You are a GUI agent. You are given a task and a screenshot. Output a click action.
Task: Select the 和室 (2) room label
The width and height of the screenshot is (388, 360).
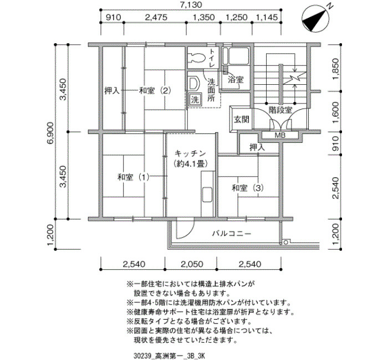point(155,91)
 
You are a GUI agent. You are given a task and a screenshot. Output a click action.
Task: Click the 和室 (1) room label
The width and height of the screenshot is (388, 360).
point(133,177)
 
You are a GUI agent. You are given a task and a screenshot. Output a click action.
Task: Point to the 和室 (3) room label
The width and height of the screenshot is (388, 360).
point(247,188)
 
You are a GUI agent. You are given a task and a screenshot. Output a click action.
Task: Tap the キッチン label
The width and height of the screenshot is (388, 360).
point(190,153)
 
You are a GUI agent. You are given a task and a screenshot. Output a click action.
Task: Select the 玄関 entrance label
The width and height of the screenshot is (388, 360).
point(241,120)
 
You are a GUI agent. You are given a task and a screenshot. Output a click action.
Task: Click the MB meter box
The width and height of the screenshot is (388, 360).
point(280,135)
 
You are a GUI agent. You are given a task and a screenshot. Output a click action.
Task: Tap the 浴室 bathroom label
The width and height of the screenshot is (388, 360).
point(236,80)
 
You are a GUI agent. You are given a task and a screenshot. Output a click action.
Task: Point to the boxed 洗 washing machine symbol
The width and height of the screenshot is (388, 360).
point(195,100)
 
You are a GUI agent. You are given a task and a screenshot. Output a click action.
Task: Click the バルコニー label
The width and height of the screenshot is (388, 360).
point(232,233)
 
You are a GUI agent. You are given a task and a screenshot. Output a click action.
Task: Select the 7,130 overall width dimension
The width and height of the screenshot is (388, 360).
point(191,4)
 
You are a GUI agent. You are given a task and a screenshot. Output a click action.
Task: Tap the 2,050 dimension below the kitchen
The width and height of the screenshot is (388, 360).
point(192,264)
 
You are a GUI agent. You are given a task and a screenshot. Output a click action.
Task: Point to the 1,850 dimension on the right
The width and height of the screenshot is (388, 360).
point(335,69)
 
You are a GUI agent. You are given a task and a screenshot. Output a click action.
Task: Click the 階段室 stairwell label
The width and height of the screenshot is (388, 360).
point(280,110)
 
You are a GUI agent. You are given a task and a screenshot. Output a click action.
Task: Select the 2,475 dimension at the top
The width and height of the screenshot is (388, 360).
point(156,17)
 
